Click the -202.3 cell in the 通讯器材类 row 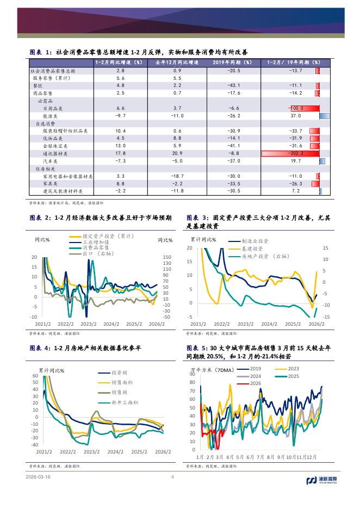tap(296, 154)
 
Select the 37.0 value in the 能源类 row tap(296, 116)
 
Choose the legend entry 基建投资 tap(253, 248)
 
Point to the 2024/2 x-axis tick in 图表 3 tap(269, 323)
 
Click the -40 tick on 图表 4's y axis tap(34, 444)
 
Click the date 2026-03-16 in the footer tap(38, 478)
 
